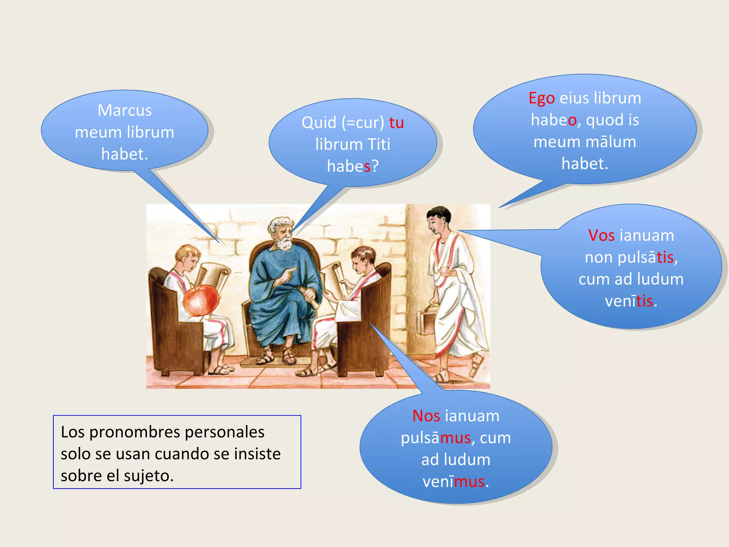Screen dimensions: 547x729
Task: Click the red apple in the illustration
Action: coord(200,300)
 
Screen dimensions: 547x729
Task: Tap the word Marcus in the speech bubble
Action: coord(125,110)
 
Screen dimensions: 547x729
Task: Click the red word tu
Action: coord(396,123)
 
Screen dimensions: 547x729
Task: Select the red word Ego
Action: coord(541,98)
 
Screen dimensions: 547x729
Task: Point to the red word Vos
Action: coord(601,235)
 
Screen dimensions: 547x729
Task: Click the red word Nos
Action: coord(426,416)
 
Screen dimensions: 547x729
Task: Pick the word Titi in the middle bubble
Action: coord(379,145)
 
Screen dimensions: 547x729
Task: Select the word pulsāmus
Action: coord(436,438)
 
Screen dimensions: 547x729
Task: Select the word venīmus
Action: coord(453,481)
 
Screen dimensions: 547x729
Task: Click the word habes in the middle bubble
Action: coord(349,166)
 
